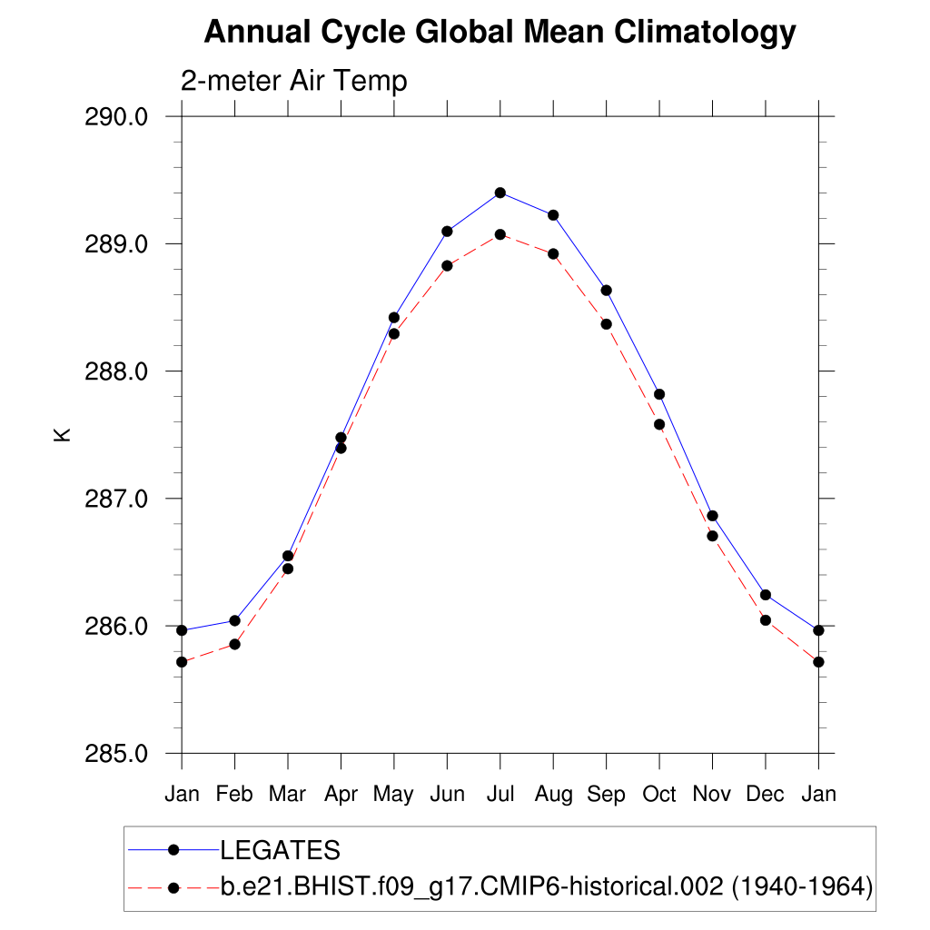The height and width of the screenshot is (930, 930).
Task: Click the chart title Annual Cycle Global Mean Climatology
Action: click(x=500, y=33)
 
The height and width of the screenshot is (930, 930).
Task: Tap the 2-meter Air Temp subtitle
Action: click(x=294, y=81)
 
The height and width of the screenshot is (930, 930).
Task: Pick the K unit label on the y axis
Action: click(x=63, y=435)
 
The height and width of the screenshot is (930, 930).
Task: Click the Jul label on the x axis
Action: click(x=500, y=794)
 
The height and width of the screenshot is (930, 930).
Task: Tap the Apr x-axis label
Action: click(x=341, y=794)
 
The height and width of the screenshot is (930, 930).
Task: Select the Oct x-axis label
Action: click(x=659, y=794)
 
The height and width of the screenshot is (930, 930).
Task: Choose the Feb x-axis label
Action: click(x=234, y=794)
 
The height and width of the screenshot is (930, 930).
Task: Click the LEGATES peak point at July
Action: click(x=500, y=193)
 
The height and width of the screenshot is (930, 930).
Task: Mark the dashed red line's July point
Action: click(x=500, y=234)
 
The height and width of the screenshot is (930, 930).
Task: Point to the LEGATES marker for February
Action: click(x=235, y=620)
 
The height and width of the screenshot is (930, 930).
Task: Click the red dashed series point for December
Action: click(x=766, y=620)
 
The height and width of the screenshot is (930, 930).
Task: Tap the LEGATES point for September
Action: click(x=606, y=290)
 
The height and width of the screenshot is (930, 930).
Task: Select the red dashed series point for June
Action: click(x=447, y=265)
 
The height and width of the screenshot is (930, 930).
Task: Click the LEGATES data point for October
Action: click(x=659, y=394)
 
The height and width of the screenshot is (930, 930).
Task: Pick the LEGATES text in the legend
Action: click(x=281, y=850)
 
